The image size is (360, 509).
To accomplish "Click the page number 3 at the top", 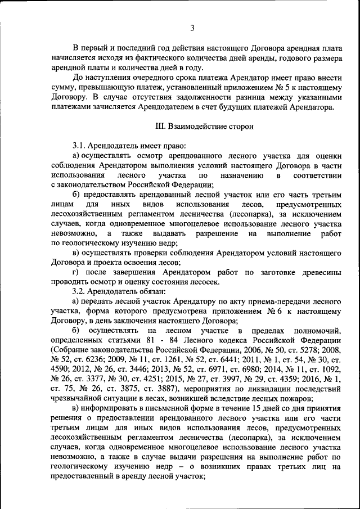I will point(192,28).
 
